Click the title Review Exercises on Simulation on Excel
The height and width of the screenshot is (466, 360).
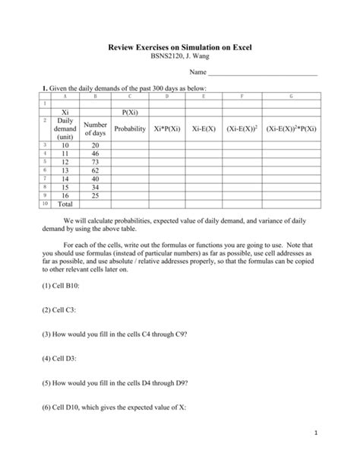click(x=179, y=48)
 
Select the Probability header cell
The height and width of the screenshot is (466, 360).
click(x=130, y=129)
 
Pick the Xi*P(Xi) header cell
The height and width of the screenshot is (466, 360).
click(x=167, y=129)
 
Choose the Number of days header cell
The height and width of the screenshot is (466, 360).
click(x=95, y=129)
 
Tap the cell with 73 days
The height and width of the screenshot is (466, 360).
click(x=95, y=163)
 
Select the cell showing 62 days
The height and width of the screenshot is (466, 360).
click(x=95, y=172)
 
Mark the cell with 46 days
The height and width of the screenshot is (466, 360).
click(x=95, y=154)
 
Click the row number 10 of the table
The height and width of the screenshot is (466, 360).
click(x=45, y=204)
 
